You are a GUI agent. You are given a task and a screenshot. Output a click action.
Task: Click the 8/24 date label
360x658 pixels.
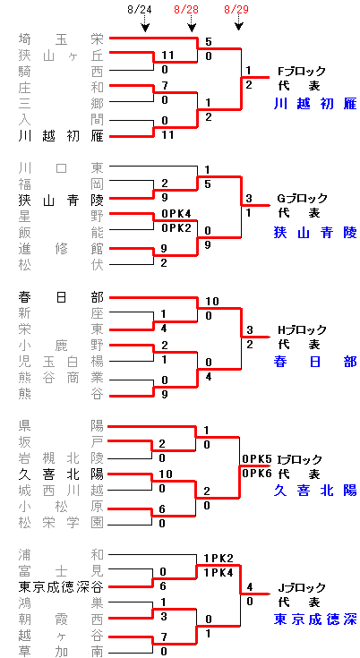[x=140, y=10]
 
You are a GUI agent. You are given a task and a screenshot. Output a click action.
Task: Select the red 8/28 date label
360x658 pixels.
[x=186, y=10]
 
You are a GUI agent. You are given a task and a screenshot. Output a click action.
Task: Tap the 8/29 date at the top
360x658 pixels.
[x=236, y=10]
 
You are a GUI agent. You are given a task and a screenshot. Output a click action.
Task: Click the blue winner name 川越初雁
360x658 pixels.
[x=315, y=103]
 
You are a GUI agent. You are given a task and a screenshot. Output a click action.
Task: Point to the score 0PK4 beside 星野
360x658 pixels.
[x=176, y=215]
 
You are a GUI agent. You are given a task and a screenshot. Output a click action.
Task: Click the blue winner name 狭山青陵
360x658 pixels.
[x=315, y=232]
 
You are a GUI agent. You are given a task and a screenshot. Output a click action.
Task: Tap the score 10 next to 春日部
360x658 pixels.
[x=212, y=302]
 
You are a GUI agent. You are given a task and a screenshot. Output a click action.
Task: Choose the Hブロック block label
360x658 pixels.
[x=302, y=329]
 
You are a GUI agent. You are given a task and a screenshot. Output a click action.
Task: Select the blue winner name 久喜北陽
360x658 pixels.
[x=315, y=490]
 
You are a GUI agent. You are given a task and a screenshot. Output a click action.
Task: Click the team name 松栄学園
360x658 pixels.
[x=61, y=522]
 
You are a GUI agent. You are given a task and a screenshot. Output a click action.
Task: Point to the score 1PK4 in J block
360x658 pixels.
[x=219, y=571]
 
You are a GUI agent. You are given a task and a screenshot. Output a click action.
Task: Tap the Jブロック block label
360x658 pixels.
[x=302, y=586]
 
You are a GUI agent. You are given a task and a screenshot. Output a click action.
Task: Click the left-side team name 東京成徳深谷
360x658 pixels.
[x=61, y=586]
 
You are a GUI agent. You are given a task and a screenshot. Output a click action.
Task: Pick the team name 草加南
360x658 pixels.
[x=61, y=652]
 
